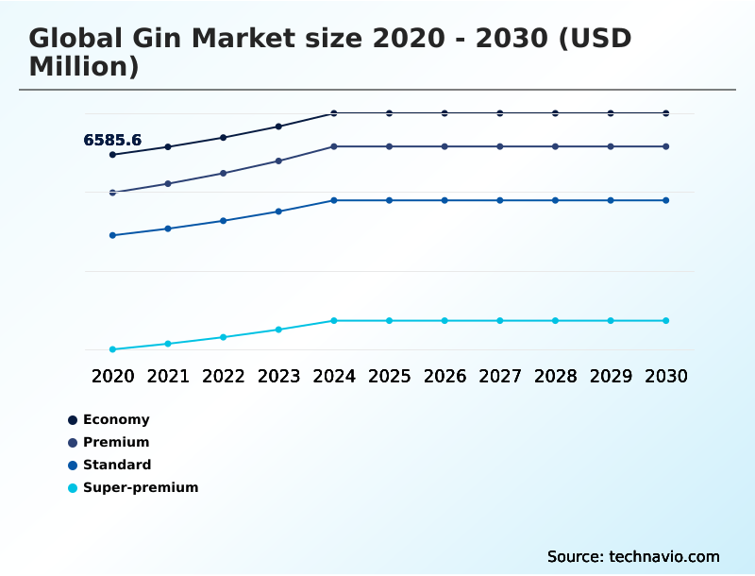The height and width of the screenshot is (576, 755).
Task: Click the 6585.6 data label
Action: (x=112, y=140)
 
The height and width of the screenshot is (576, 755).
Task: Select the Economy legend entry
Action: (x=115, y=419)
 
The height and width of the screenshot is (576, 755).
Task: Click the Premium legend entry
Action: (x=115, y=442)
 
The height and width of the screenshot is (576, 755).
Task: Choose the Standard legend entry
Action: (x=116, y=465)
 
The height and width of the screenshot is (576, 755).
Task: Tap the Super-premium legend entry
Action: (x=140, y=487)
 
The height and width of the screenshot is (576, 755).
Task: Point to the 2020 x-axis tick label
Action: (x=113, y=376)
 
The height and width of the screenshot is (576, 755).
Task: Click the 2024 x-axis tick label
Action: (x=334, y=376)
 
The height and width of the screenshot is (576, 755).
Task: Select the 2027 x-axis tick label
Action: (x=500, y=376)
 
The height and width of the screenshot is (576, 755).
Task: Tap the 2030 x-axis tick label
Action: (x=666, y=376)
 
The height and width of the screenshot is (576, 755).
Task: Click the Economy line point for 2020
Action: (x=113, y=155)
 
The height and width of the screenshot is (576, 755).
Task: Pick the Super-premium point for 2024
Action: (x=334, y=321)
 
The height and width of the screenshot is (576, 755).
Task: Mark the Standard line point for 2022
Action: (x=224, y=221)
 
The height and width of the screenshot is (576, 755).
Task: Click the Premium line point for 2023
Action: (x=278, y=161)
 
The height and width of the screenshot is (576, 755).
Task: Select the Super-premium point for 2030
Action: (x=666, y=321)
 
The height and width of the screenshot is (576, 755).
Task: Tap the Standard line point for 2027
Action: (x=500, y=200)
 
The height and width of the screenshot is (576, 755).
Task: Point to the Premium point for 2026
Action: (x=445, y=146)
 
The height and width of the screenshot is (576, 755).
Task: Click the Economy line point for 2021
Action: (x=168, y=147)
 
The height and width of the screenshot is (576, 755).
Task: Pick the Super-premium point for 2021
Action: (x=168, y=344)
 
